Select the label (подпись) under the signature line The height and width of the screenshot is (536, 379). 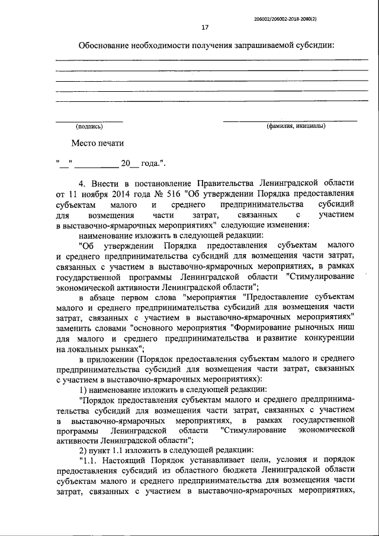tap(89, 126)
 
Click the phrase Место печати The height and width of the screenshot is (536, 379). tap(98, 143)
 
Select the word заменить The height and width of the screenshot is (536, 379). tap(73, 327)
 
